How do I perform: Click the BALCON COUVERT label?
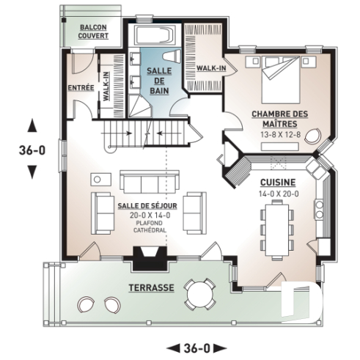pyautogui.click(x=93, y=31)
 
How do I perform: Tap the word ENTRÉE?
pyautogui.click(x=80, y=88)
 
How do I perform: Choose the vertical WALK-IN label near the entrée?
pyautogui.click(x=106, y=85)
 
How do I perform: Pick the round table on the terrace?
pyautogui.click(x=198, y=295)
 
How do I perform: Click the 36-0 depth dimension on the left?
pyautogui.click(x=31, y=151)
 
